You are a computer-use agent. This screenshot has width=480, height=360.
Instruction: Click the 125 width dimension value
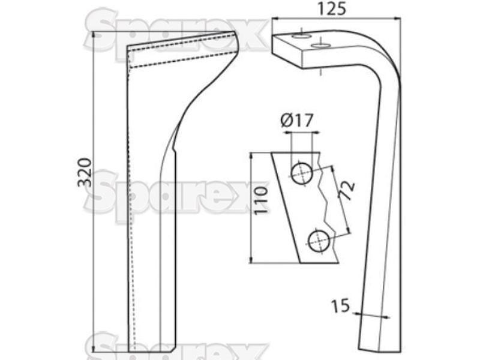tap(332, 8)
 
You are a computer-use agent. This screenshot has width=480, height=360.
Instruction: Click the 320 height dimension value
tap(85, 172)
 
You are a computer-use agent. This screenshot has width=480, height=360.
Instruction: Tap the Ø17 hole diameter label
tap(296, 121)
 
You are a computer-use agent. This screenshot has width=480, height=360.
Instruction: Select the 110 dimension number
tap(261, 200)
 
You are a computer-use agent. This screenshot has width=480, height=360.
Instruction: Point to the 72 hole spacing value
tap(346, 191)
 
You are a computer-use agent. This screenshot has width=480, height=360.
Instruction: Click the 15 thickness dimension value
tap(340, 306)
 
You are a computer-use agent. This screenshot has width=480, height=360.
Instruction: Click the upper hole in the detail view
tap(302, 174)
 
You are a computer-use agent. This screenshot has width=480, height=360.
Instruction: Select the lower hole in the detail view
tap(319, 241)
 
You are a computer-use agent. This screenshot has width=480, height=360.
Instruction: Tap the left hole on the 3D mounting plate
tap(301, 36)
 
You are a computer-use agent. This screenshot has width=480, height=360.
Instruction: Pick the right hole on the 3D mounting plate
tap(320, 46)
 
